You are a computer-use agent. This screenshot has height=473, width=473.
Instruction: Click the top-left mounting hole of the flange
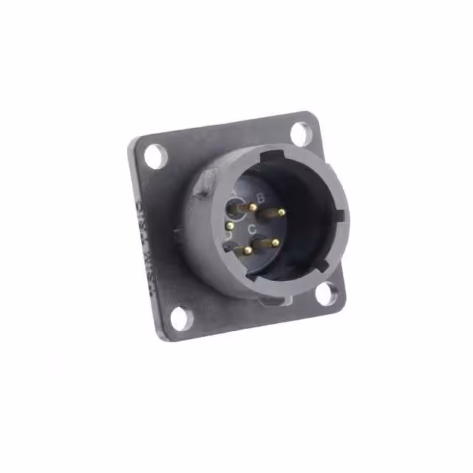pyautogui.click(x=154, y=156)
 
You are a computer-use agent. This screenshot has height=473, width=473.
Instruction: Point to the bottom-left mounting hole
pyautogui.click(x=177, y=318)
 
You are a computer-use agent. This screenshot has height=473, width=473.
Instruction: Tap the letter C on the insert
pyautogui.click(x=252, y=230)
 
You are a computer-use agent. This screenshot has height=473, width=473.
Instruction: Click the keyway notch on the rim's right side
pyautogui.click(x=340, y=214)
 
